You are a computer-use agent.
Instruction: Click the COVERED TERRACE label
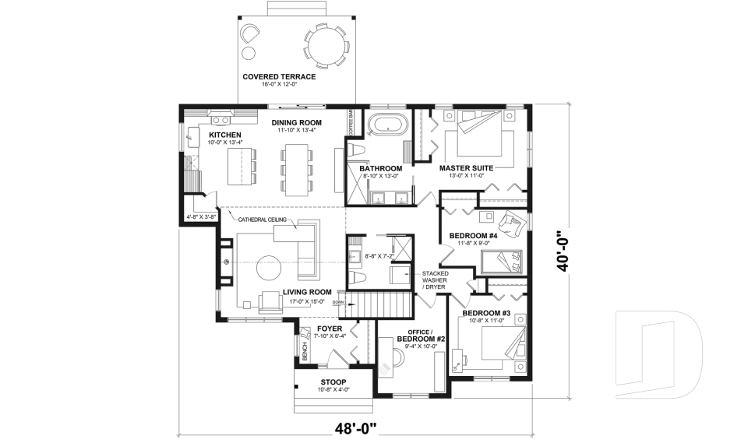pos(278,76)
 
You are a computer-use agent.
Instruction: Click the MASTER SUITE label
pos(467,168)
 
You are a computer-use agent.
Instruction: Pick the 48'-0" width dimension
pos(355,427)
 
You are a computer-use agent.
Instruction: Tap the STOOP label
pos(333,382)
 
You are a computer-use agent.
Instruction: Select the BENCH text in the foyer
pos(305,353)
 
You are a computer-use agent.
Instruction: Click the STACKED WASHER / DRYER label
pos(435,280)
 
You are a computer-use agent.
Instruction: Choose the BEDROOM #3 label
pos(485,314)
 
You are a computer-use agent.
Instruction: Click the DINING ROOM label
pos(297,123)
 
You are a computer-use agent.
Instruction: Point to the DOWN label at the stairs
pos(337,302)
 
